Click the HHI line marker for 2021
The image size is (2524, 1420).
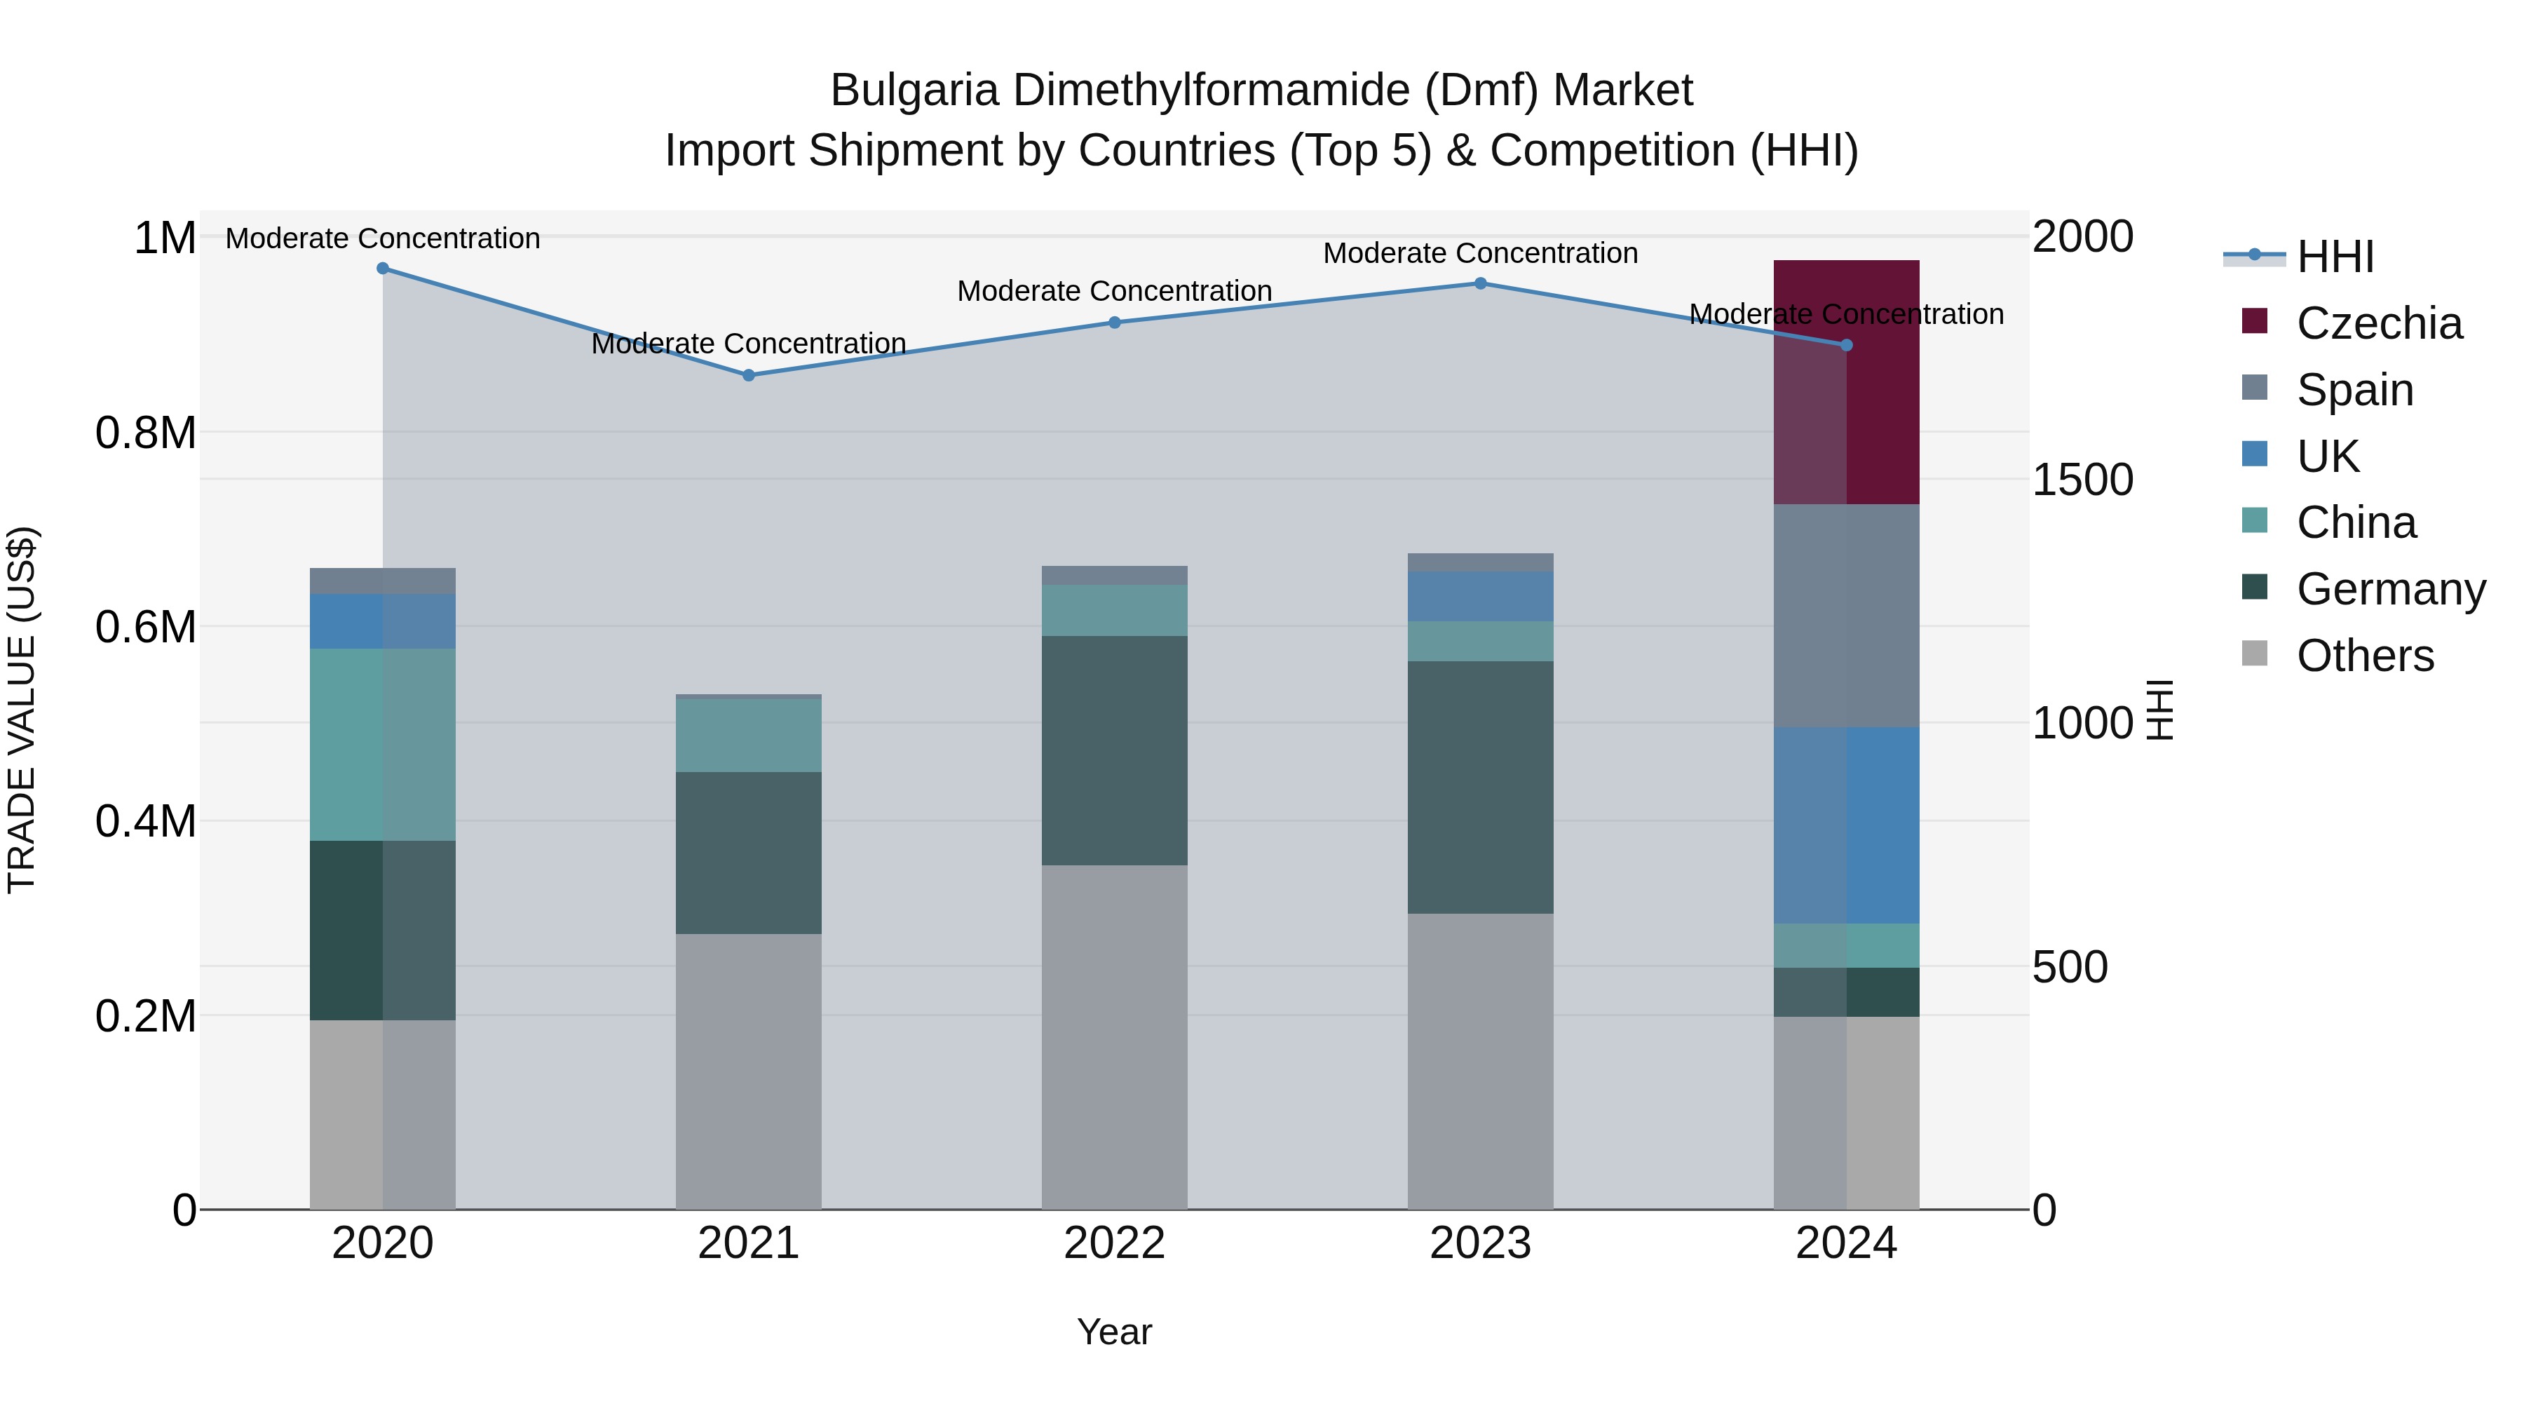point(749,375)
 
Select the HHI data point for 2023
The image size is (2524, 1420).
point(1481,283)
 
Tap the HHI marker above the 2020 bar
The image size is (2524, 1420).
point(383,269)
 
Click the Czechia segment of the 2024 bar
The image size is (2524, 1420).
point(1846,382)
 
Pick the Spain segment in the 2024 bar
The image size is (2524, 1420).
point(1846,616)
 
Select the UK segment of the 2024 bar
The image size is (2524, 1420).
point(1846,825)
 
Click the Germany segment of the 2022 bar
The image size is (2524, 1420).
point(1114,750)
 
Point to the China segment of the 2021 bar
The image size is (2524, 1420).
point(749,735)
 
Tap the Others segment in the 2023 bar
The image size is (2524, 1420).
point(1481,1062)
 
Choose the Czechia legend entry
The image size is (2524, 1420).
point(2378,323)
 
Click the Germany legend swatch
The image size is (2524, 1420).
point(2255,588)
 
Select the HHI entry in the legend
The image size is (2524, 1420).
point(2335,257)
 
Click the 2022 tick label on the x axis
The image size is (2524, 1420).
point(1114,1243)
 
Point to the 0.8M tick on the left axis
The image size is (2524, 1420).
point(146,432)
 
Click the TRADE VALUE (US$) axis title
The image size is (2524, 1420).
point(22,710)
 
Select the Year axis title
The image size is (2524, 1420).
point(1114,1332)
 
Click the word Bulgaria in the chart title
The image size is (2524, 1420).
point(914,90)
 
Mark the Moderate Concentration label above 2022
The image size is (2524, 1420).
point(1114,291)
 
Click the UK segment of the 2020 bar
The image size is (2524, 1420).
point(383,621)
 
